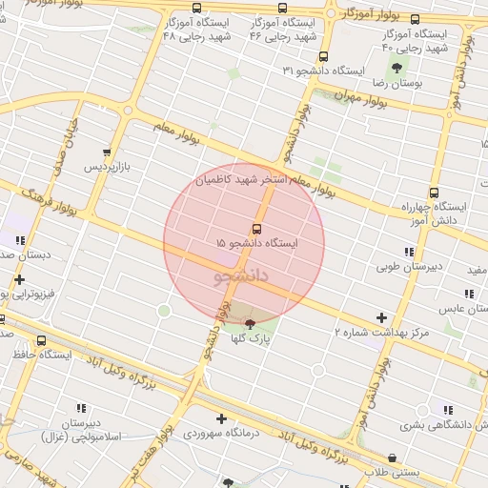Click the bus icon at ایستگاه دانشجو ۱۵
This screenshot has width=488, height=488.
[256, 229]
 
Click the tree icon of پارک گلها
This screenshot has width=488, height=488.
[250, 324]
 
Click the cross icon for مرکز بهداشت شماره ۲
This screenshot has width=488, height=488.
[382, 317]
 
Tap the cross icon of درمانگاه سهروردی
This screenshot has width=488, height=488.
[221, 418]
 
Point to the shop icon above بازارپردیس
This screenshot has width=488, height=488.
[107, 152]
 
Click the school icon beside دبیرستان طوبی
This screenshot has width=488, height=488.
[409, 252]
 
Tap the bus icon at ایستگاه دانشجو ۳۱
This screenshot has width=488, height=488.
[323, 56]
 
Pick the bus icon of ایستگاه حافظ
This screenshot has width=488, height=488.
[41, 339]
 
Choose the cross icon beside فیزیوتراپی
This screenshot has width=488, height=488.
[19, 279]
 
